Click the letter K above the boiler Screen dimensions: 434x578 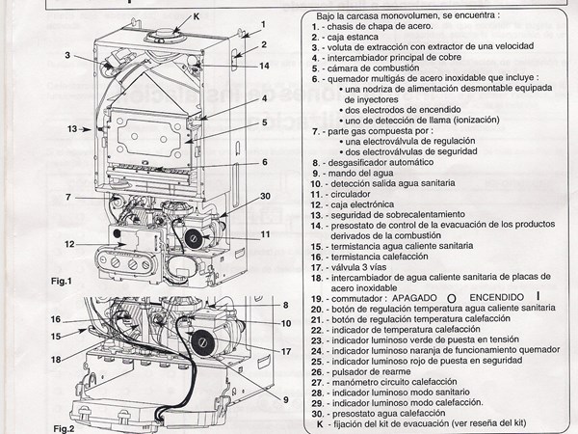(x=170, y=16)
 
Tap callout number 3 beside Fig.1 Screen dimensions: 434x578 (x=68, y=55)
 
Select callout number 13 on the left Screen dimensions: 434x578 (x=71, y=128)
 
